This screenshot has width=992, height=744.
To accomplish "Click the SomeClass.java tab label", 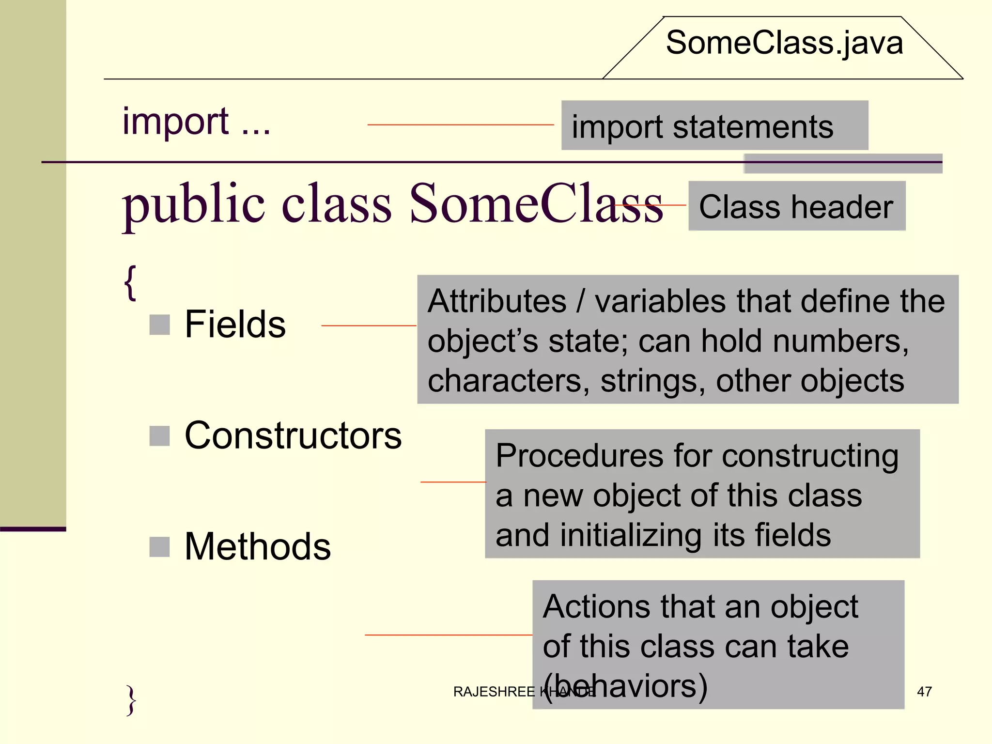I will point(784,43).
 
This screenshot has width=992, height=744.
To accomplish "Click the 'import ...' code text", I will point(196,121).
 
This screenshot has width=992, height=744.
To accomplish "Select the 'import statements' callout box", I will point(714,125).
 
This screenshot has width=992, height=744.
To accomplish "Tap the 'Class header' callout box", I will point(797,206).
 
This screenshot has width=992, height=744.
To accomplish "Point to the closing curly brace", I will point(131,699).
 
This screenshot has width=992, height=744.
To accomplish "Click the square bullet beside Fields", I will point(159,325).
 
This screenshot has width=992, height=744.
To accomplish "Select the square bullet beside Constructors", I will point(159,435).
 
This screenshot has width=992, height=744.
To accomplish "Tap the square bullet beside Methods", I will point(159,547).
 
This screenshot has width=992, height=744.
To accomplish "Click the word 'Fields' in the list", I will point(235,324).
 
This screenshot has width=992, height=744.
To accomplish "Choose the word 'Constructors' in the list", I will point(293,435).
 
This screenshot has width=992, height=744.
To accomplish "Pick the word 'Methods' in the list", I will point(258,546).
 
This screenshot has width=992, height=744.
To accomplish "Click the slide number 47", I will point(924,691).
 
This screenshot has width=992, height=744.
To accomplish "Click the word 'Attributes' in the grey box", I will point(497,301).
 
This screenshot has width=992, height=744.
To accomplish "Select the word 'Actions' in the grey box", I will point(596,606).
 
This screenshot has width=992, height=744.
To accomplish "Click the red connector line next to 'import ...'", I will point(460,125).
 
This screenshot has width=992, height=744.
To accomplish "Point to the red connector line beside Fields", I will point(369,325).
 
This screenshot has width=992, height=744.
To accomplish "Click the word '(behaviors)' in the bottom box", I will point(625,686).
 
